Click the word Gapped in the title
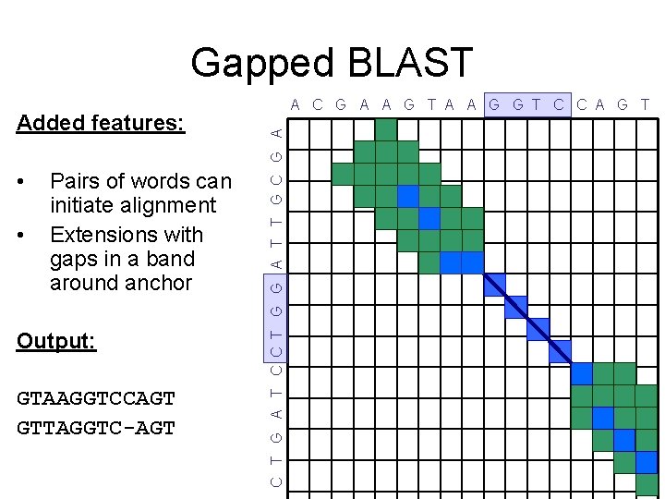pos(261,63)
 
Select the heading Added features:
pos(101,123)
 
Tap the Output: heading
pos(56,341)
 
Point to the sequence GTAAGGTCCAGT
pos(96,399)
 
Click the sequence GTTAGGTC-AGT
pos(96,428)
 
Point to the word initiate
pos(85,205)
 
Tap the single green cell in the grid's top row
pos(387,130)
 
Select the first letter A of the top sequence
pos(295,104)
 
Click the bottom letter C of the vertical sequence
pos(276,481)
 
